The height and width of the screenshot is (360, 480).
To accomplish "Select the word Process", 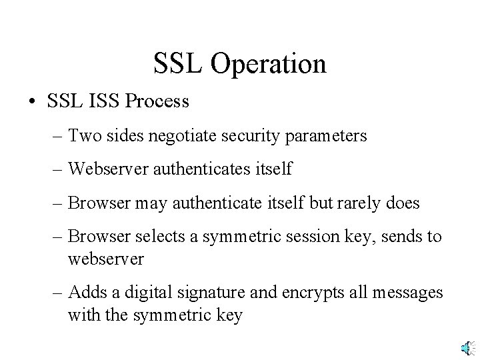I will coord(157,102).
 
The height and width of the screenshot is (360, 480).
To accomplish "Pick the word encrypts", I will coord(312,293).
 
